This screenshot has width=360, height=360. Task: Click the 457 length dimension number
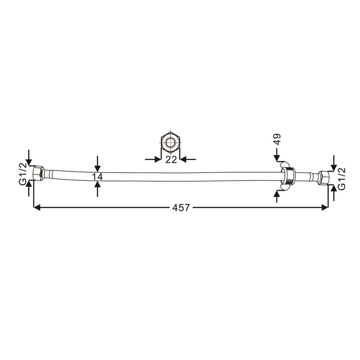[181, 208]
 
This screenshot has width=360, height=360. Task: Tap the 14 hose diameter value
[97, 177]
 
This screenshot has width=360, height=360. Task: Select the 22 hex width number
[171, 159]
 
